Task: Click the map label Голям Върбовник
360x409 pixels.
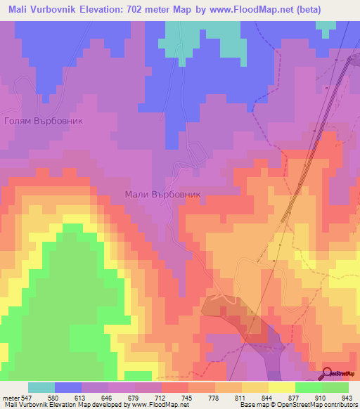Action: point(44,121)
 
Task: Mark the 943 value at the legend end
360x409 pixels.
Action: point(343,397)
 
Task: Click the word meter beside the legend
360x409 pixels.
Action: point(11,397)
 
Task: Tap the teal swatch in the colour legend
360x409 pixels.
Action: point(41,387)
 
